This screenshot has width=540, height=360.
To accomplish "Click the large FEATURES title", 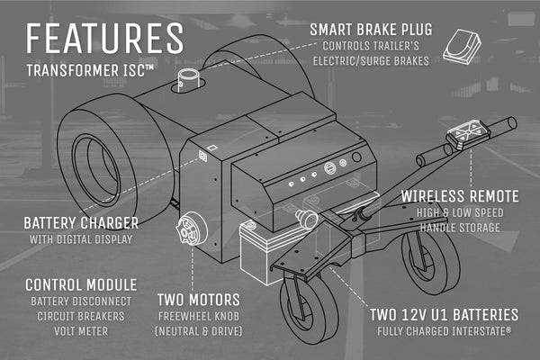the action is click(x=104, y=38).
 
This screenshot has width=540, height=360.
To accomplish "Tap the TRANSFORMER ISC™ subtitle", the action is click(x=90, y=70).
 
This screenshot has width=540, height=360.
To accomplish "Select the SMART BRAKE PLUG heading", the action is click(x=371, y=30).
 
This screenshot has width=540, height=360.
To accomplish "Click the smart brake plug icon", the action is click(x=462, y=47).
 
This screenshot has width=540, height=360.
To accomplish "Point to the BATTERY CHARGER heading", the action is click(x=81, y=223).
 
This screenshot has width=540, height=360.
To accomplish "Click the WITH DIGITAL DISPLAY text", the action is click(x=81, y=239).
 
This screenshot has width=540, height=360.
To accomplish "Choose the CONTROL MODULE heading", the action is click(x=81, y=285).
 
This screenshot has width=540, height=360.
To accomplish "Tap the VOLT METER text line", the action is click(x=81, y=331).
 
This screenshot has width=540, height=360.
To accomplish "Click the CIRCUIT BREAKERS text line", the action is click(x=81, y=316).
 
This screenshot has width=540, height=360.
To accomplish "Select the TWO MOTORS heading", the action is click(x=198, y=300).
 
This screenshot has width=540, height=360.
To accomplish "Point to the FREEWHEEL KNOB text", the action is click(x=198, y=316).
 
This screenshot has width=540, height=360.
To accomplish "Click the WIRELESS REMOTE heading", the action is click(x=460, y=196).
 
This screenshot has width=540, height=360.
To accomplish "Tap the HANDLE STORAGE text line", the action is click(x=460, y=228).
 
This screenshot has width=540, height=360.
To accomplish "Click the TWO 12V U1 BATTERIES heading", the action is click(x=444, y=315).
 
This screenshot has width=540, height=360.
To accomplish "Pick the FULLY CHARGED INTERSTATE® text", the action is click(x=444, y=331).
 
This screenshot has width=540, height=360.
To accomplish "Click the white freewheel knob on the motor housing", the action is click(x=191, y=229).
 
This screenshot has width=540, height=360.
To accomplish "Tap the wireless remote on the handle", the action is click(x=468, y=134).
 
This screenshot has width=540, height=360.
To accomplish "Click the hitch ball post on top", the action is click(x=188, y=80).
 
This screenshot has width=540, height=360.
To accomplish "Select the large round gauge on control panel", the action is click(x=330, y=168).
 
